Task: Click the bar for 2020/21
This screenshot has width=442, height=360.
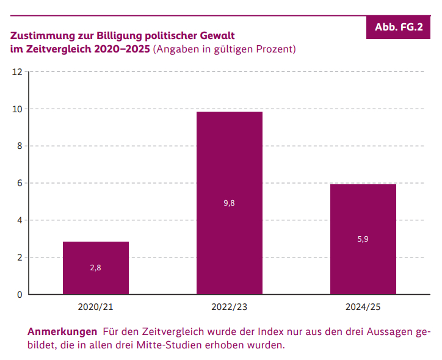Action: coord(96,268)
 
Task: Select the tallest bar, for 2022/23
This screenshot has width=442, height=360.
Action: coord(230,203)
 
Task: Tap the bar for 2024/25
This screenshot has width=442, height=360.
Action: coord(363,239)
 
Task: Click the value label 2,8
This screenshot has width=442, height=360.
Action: coord(96,268)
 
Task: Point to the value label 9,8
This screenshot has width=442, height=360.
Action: coord(230,203)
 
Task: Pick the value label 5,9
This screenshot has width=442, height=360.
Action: coord(363,239)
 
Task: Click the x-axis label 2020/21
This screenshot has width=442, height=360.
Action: coord(96,306)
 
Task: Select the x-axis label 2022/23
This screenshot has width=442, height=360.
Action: coord(230,306)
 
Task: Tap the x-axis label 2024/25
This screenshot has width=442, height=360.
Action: coord(363,306)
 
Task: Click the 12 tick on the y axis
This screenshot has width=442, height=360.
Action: coord(17,72)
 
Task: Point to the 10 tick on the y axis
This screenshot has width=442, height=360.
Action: coord(17,109)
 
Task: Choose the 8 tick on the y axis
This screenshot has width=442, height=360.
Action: coord(19,146)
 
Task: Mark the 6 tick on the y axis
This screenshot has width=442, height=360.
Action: coord(19,183)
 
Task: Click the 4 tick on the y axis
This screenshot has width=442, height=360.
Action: coord(19,220)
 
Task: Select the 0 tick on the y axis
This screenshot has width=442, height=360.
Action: coord(19,295)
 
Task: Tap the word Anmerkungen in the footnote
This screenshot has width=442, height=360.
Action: coord(62,332)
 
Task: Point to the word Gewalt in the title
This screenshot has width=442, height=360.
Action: coord(217,36)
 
